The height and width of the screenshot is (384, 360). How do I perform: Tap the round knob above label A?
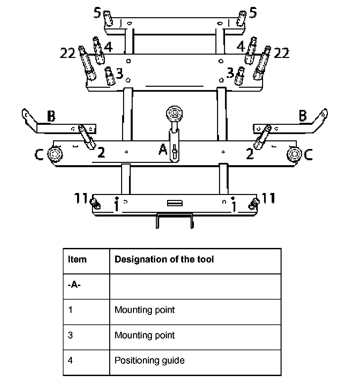point(174,113)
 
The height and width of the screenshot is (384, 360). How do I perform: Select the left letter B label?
point(51,116)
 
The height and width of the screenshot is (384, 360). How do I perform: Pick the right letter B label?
point(303,116)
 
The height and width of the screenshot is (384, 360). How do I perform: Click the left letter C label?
point(39,155)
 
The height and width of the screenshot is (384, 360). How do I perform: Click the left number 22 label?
point(67,53)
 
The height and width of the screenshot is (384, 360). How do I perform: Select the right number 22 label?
point(282,53)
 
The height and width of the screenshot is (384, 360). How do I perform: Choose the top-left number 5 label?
point(97,13)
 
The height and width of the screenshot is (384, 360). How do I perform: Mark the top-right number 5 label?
point(253,13)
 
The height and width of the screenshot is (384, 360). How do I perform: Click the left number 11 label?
point(80,198)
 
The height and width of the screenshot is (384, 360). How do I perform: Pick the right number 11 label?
point(268,198)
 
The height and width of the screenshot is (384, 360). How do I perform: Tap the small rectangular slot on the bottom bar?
point(175,203)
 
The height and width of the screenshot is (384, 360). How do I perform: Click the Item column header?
point(77,259)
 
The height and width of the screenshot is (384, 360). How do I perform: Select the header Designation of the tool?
point(164,259)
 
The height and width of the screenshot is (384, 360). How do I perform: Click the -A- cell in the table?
point(74,285)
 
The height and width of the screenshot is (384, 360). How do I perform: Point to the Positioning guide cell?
point(150,360)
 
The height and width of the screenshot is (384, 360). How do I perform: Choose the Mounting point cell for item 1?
point(145,310)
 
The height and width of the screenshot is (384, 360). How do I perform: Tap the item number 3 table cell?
point(70,335)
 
